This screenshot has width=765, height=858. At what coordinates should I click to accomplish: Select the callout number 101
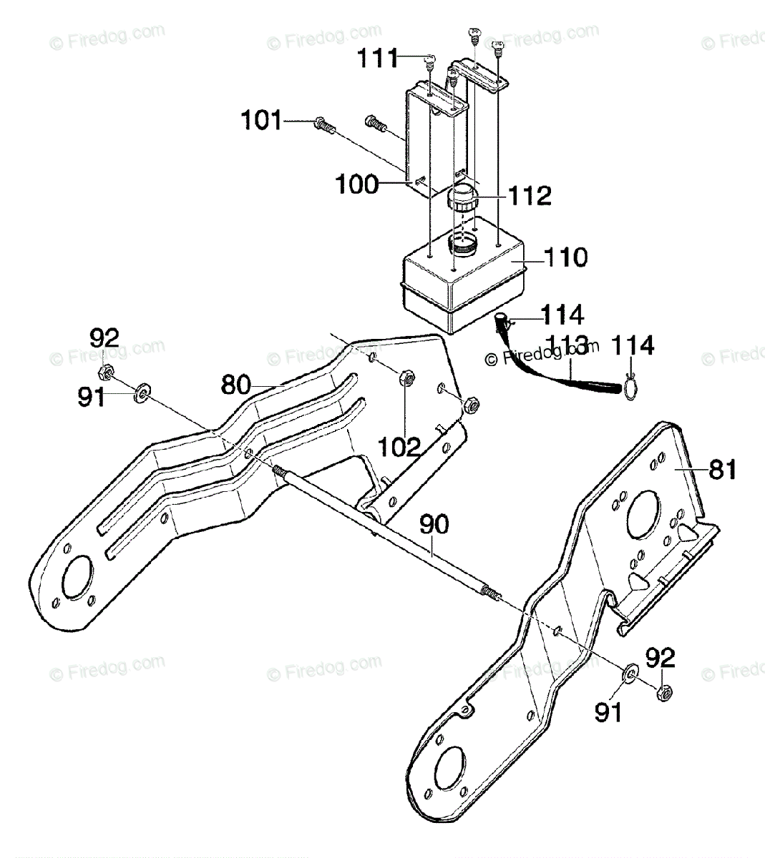click(261, 120)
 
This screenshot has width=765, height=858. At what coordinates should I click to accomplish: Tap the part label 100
click(358, 184)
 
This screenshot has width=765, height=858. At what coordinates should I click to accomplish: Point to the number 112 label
click(530, 196)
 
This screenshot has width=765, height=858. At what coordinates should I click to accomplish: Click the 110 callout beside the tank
click(565, 257)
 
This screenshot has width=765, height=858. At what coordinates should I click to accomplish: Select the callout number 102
click(399, 448)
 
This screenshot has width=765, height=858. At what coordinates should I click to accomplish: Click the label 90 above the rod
click(434, 524)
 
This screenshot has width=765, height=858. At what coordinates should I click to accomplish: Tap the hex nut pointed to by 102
click(404, 377)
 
